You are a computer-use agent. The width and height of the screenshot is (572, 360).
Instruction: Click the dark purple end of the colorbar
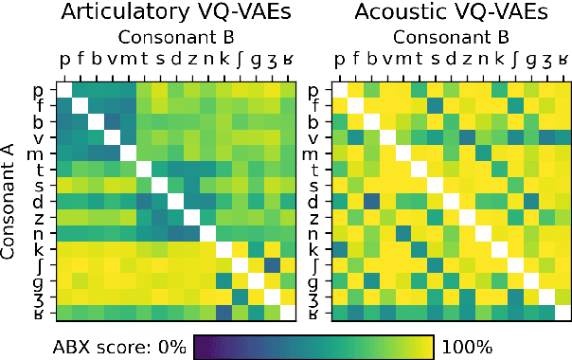200,345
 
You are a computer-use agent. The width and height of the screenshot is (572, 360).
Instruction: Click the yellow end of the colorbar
427,345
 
